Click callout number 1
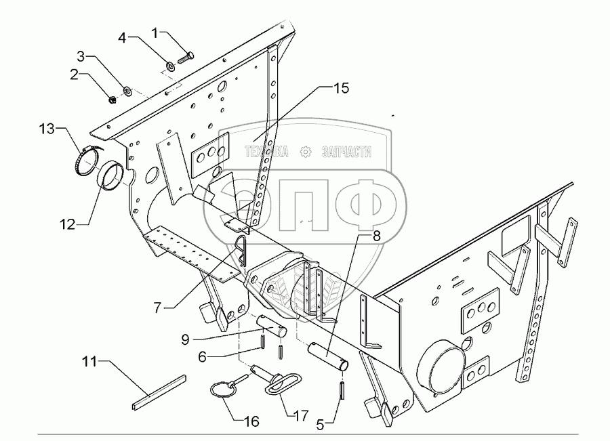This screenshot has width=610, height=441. [155, 32]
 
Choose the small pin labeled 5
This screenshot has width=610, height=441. [342, 390]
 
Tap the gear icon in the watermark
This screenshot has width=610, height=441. [305, 151]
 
